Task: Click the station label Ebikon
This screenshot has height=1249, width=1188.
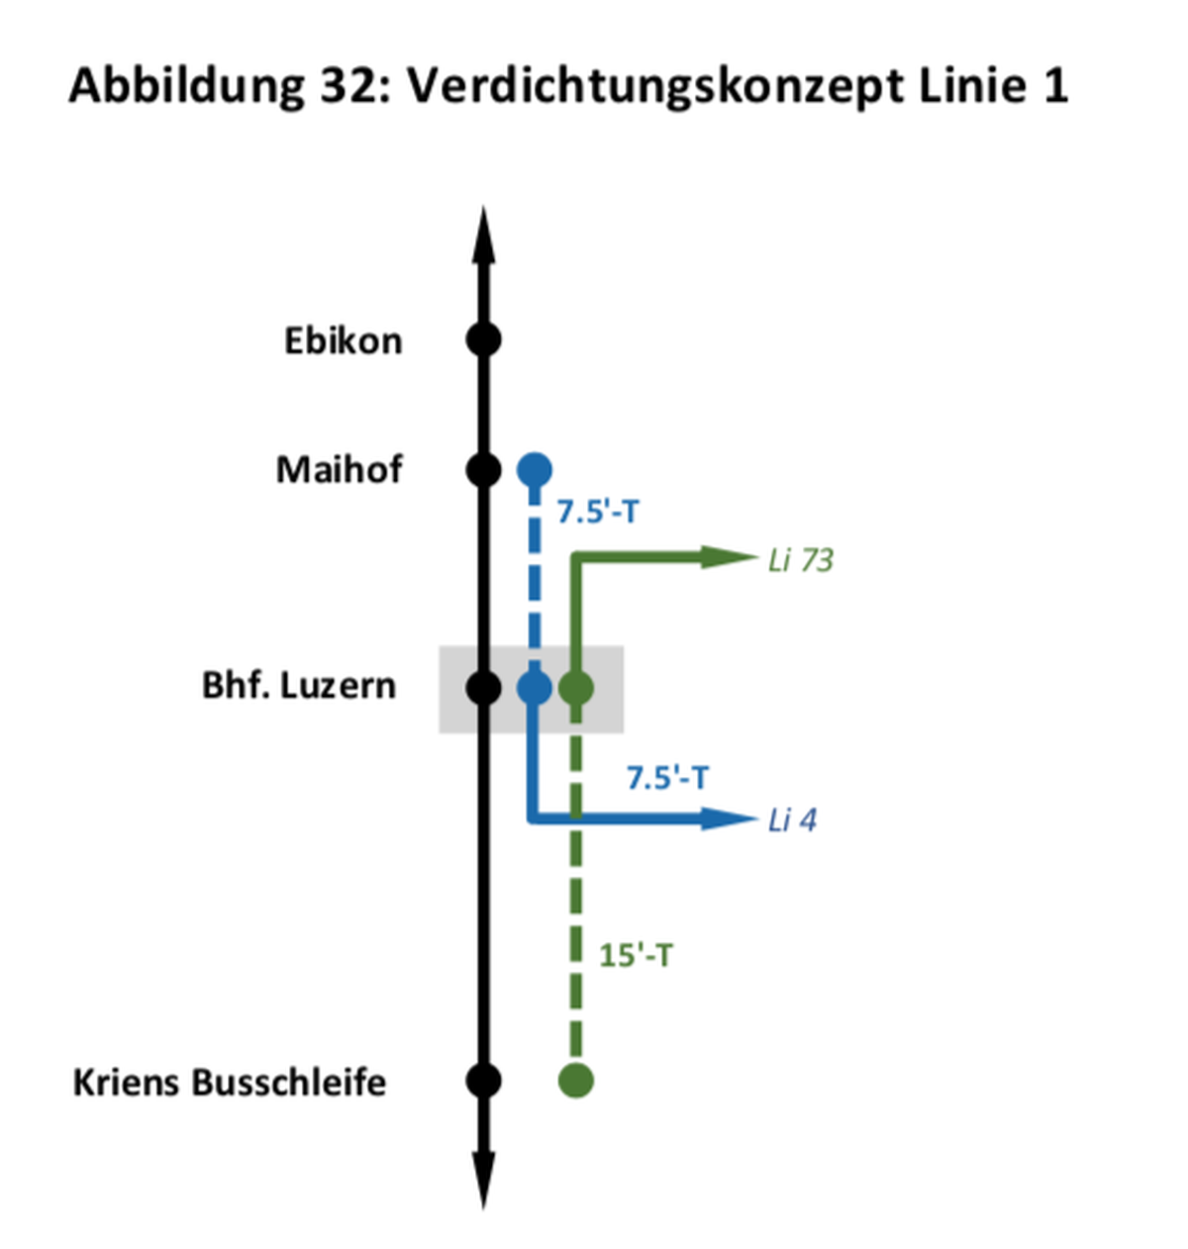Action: pos(344,341)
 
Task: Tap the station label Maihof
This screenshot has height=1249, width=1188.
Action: pos(340,470)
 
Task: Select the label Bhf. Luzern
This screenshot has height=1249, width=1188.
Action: pos(299,686)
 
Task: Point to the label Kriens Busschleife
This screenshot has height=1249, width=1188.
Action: pos(230,1083)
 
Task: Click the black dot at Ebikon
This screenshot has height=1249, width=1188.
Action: pos(483,339)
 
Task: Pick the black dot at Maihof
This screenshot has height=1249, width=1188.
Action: pos(483,471)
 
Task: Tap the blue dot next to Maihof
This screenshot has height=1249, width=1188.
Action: pos(534,471)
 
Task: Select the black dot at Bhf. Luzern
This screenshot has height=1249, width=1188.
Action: pos(483,688)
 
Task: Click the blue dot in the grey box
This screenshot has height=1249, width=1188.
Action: pos(534,688)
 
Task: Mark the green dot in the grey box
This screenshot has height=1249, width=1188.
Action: pos(576,688)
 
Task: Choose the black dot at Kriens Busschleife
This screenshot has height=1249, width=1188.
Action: pos(483,1081)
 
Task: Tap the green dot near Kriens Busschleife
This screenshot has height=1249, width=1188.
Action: pos(576,1081)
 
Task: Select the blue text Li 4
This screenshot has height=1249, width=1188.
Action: pos(792,820)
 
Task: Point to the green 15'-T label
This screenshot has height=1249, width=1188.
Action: pos(636,955)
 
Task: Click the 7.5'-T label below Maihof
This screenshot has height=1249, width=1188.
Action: pos(598,512)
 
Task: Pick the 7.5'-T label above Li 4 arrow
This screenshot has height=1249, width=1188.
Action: pos(667,778)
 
